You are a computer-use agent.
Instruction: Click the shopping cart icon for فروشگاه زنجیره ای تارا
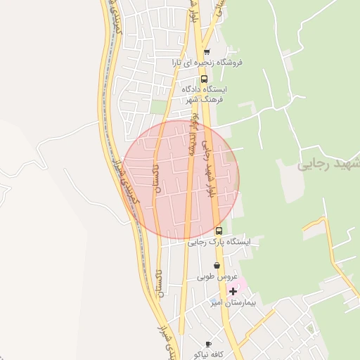207,51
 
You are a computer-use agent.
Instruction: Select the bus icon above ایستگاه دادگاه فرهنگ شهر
204,79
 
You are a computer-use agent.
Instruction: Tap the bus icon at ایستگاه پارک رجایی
219,231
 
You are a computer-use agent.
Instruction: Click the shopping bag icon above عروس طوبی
216,266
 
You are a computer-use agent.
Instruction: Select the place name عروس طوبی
218,276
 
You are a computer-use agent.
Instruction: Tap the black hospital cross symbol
233,290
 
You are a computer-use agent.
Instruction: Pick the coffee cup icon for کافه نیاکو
207,344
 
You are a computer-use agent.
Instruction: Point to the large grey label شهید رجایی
328,165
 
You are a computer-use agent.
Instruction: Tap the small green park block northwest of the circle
159,106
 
